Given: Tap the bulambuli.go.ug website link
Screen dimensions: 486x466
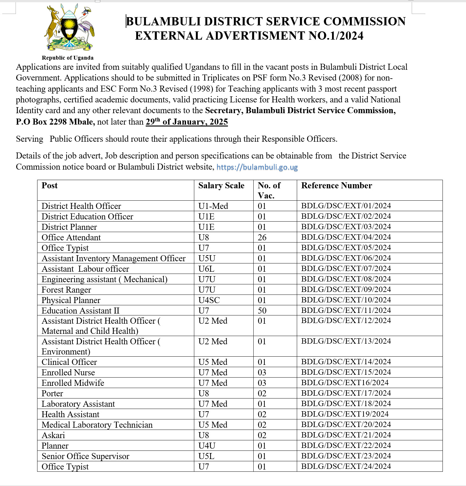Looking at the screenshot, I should [257, 167].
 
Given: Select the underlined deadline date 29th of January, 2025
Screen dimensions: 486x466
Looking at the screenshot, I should [187, 122].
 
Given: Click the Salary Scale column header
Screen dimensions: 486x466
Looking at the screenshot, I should [221, 186].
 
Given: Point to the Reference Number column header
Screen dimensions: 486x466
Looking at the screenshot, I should [336, 186].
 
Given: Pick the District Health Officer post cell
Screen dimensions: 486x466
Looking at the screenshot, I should [81, 206].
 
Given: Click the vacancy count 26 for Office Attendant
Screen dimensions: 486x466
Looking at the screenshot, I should [262, 237].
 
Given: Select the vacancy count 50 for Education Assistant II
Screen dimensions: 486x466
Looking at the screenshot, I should [262, 311].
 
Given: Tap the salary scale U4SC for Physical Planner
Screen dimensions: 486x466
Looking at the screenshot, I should [209, 300].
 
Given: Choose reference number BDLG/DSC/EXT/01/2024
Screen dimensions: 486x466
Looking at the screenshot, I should [346, 206].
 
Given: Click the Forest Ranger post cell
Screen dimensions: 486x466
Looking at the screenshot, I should [66, 290].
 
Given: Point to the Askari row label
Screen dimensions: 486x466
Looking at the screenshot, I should [53, 435].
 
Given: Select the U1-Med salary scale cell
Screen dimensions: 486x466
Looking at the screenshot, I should [213, 206].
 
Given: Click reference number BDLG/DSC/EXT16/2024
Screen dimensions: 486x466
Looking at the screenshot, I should [345, 383].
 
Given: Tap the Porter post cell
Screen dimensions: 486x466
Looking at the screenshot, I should [52, 393].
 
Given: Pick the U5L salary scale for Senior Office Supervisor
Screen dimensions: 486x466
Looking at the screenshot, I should [206, 456].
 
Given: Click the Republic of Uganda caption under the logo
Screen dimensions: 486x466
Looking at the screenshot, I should [68, 58].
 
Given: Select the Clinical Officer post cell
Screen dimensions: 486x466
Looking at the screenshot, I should [69, 362].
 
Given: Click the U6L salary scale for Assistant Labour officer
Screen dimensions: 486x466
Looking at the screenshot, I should [206, 269].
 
